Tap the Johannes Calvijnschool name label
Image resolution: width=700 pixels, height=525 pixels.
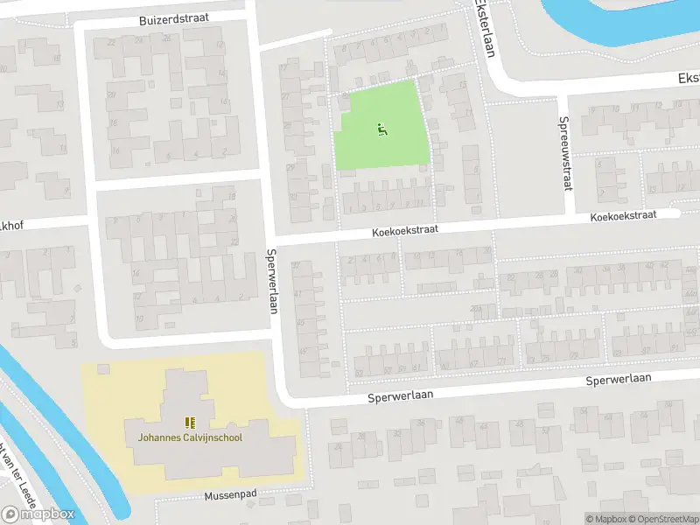coord(189,437)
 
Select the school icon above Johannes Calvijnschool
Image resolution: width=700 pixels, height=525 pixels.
coord(190,423)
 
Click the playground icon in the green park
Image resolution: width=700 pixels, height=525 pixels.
coord(381,130)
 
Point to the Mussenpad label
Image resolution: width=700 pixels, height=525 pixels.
coord(230,494)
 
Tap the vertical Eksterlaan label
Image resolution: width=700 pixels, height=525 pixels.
coord(483,28)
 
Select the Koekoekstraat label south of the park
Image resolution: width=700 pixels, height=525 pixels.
coord(403,228)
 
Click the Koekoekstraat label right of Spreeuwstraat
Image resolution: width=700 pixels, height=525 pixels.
coord(622,216)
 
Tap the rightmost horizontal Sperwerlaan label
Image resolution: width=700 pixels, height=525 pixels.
coord(619,381)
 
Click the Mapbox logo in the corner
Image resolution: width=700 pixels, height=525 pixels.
coord(38,514)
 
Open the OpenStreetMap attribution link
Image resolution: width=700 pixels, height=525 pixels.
coord(662,519)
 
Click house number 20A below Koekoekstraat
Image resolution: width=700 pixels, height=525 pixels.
coord(475,308)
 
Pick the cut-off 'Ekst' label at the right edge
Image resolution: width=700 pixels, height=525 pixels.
coord(688,79)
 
